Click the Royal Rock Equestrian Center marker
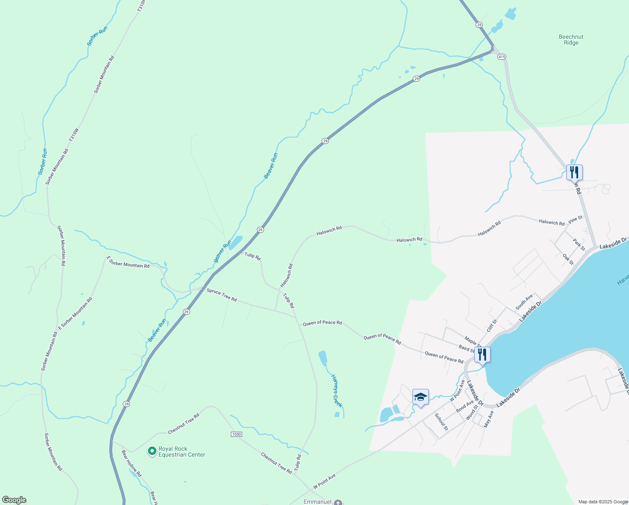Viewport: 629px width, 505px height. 152,451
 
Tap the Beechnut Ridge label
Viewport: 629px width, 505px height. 571,40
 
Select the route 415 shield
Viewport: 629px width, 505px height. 501,56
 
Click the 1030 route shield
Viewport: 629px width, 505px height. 236,434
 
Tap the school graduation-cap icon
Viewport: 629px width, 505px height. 420,397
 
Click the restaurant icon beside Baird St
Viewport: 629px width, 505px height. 482,355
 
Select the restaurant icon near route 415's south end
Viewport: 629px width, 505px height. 574,173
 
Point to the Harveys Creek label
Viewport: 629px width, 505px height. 337,391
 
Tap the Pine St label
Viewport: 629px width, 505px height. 575,219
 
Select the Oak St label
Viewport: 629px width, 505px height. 568,259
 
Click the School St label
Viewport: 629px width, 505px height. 441,422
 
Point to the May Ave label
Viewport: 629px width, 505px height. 489,419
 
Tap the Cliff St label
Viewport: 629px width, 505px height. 492,326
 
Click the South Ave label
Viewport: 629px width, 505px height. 524,301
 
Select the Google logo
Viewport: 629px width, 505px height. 14,500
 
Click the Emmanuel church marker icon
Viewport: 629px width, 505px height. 338,502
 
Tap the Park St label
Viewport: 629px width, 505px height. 579,245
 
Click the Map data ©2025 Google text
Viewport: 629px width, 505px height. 603,502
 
